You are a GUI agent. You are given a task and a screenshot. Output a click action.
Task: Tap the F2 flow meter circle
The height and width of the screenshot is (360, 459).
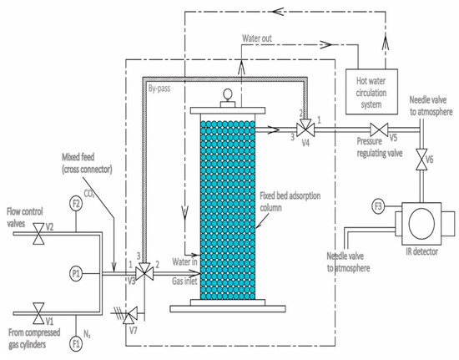tap(76, 203)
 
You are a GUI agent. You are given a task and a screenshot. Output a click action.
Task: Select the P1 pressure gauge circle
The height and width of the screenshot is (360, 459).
tap(76, 271)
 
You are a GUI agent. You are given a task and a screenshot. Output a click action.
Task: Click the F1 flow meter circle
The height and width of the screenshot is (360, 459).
tap(76, 341)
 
